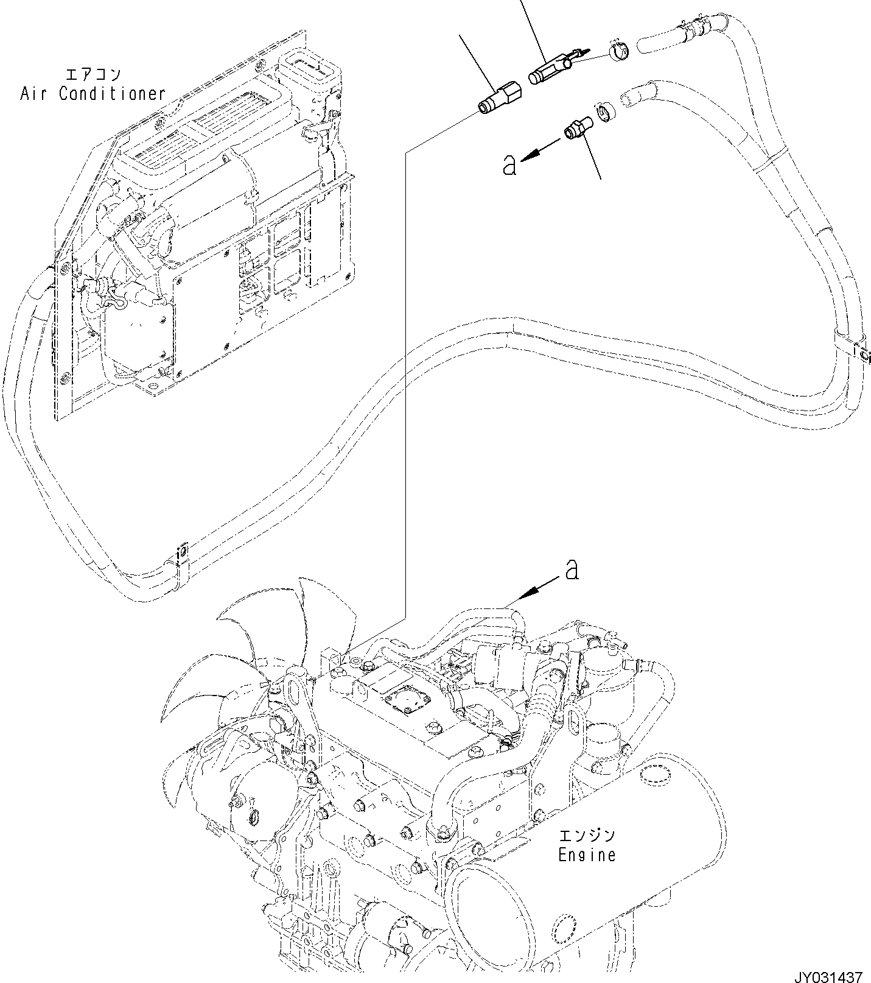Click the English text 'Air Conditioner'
(x=93, y=94)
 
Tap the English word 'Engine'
(x=587, y=854)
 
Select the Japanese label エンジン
(x=587, y=836)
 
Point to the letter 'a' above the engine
(x=572, y=569)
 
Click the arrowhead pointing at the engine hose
(x=518, y=600)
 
